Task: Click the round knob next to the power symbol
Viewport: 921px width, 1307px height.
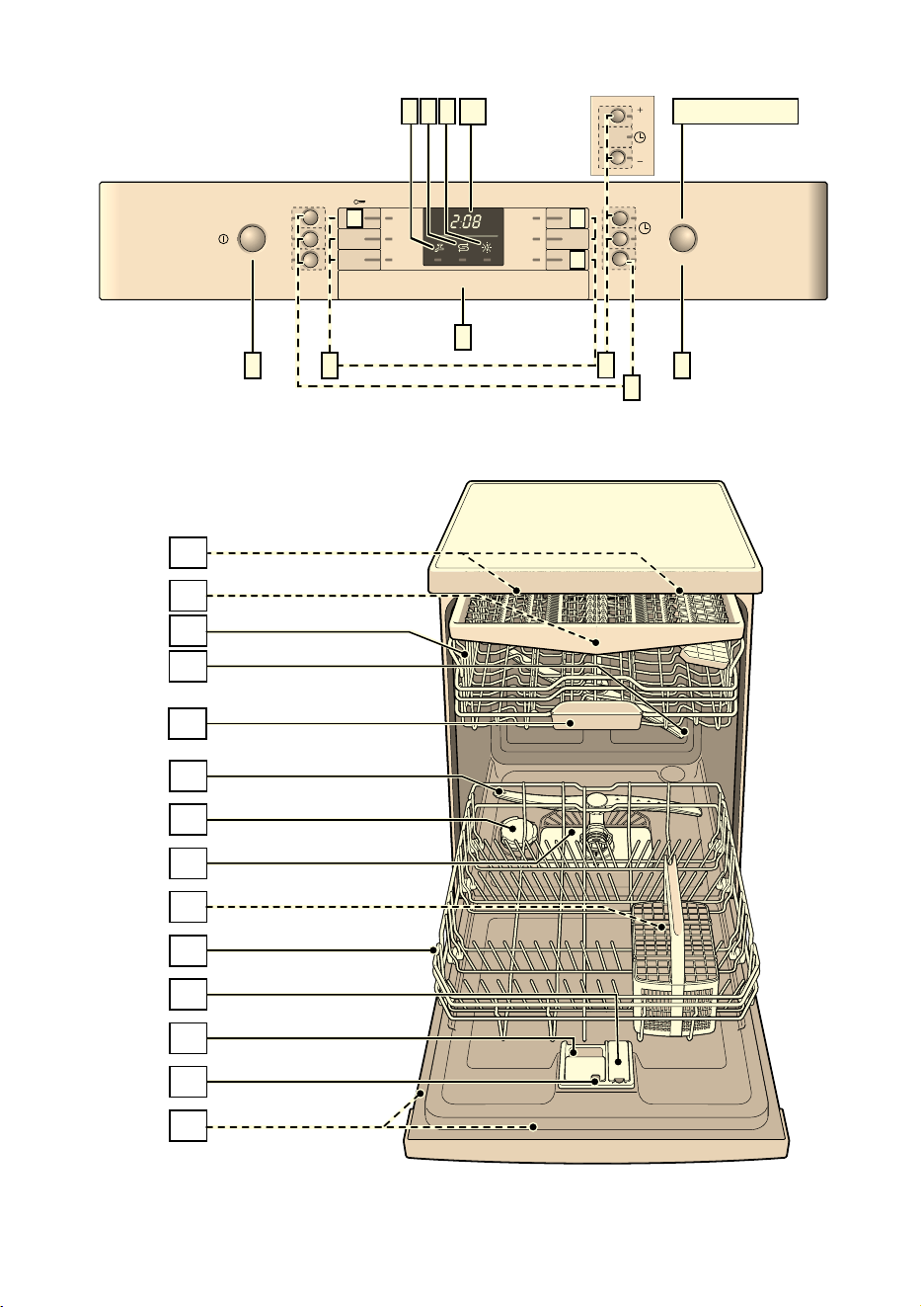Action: click(x=252, y=238)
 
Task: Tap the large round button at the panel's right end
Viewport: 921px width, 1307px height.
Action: click(x=682, y=238)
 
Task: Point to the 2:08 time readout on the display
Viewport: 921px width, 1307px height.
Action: click(x=465, y=221)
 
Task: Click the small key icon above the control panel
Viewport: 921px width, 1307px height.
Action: click(x=359, y=202)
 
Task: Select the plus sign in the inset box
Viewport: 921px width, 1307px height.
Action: click(x=640, y=109)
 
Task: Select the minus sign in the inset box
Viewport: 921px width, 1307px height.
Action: click(x=640, y=160)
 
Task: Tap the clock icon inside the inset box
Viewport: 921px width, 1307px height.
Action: click(x=640, y=137)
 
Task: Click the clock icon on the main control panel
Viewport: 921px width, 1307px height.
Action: click(x=645, y=228)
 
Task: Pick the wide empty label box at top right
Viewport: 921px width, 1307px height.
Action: click(x=735, y=111)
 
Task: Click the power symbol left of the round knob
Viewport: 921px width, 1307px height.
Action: click(x=223, y=239)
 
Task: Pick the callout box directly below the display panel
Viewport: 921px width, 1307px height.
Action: click(x=462, y=337)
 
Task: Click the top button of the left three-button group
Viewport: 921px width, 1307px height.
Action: click(x=310, y=217)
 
